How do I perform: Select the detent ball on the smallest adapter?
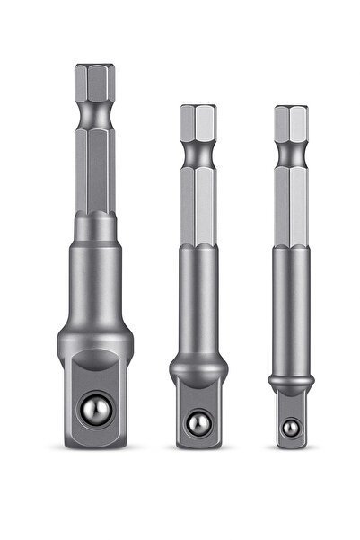pos(290,429)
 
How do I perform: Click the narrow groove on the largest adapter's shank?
pos(94,116)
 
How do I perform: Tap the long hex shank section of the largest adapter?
pos(94,171)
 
